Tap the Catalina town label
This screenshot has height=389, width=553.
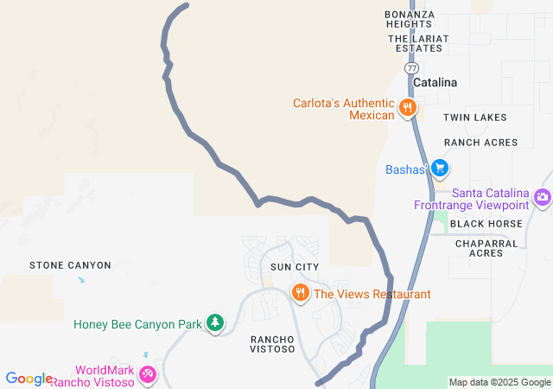tap(435, 83)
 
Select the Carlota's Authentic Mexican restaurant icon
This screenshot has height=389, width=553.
tap(407, 108)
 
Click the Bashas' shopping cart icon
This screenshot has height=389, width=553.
tap(440, 168)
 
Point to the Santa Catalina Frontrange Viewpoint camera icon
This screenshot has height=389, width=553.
tap(543, 198)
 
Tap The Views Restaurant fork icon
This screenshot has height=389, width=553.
tap(301, 294)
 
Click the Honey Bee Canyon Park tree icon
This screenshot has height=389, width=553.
tap(214, 324)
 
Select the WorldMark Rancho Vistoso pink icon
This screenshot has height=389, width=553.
tap(149, 375)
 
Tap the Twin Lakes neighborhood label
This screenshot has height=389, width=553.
tap(475, 117)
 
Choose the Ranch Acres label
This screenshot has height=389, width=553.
tap(481, 143)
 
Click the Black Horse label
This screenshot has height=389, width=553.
tap(486, 223)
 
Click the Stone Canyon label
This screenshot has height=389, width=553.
tap(70, 265)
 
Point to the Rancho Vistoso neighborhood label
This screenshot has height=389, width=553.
tap(273, 343)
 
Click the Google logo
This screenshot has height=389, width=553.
tap(29, 379)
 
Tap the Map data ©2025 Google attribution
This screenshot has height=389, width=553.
tap(499, 382)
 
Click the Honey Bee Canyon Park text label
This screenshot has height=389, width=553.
tap(137, 324)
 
